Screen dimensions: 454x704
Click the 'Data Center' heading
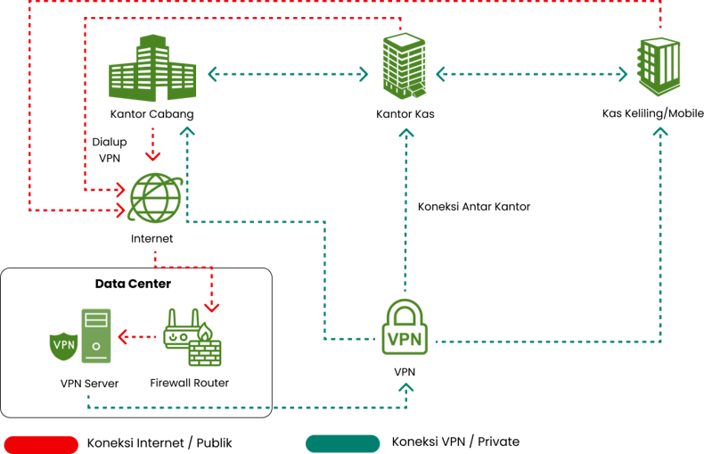[x=133, y=284]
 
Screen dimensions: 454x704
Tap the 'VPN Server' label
[x=89, y=384]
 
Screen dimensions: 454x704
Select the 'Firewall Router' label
[x=189, y=383]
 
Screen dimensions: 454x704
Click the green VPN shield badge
[x=63, y=344]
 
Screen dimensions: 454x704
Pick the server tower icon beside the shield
[x=96, y=335]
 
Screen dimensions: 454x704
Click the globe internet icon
[x=156, y=197]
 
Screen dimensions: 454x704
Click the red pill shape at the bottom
[x=41, y=443]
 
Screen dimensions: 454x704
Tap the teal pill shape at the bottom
[x=342, y=443]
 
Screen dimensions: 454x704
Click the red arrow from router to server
[x=137, y=337]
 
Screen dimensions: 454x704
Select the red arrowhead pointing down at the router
[x=212, y=304]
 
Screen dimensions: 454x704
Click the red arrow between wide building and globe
[x=152, y=144]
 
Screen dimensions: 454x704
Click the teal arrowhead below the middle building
[x=406, y=133]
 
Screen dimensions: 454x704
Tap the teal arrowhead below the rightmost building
[x=659, y=132]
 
